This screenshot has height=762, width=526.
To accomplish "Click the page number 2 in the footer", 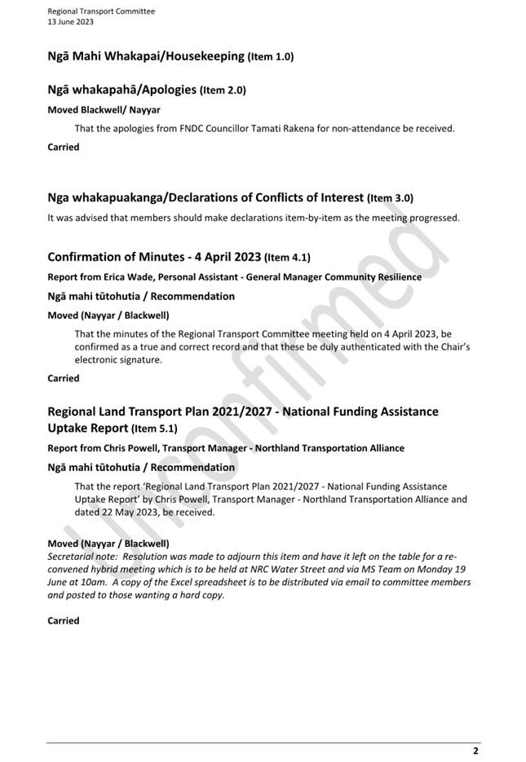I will click(475, 751).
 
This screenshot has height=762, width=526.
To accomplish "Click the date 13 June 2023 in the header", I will click(70, 22).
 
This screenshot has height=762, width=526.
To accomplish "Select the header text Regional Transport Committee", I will click(101, 11).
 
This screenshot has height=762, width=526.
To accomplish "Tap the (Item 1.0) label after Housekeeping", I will click(271, 57).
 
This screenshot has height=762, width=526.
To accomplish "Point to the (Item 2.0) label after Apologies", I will click(223, 90).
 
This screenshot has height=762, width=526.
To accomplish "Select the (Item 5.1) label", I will click(154, 429).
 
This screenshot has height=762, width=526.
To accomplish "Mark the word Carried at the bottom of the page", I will click(64, 621).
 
